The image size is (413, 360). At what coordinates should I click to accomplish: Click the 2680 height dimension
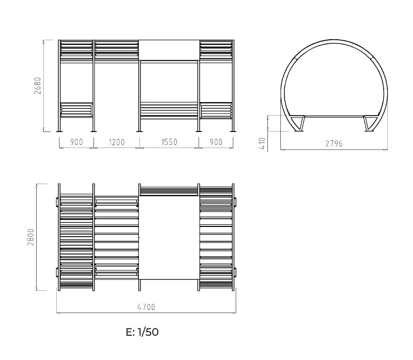pos(38,86)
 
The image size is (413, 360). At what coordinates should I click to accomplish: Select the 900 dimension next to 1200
pos(76,142)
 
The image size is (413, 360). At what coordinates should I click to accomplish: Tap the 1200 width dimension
pos(117,142)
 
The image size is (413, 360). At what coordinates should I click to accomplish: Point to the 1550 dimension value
pos(169,142)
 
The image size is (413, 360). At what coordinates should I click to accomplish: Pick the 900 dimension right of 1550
pos(216,142)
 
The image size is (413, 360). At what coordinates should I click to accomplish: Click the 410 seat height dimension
pos(262,143)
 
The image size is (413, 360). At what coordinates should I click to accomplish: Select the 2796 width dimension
pos(334,143)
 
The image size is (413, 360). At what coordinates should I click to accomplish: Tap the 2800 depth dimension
pos(31,237)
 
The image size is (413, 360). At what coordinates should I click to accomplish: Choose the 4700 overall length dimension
pos(147,307)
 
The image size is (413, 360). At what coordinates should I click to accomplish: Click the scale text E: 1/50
pos(142,332)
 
